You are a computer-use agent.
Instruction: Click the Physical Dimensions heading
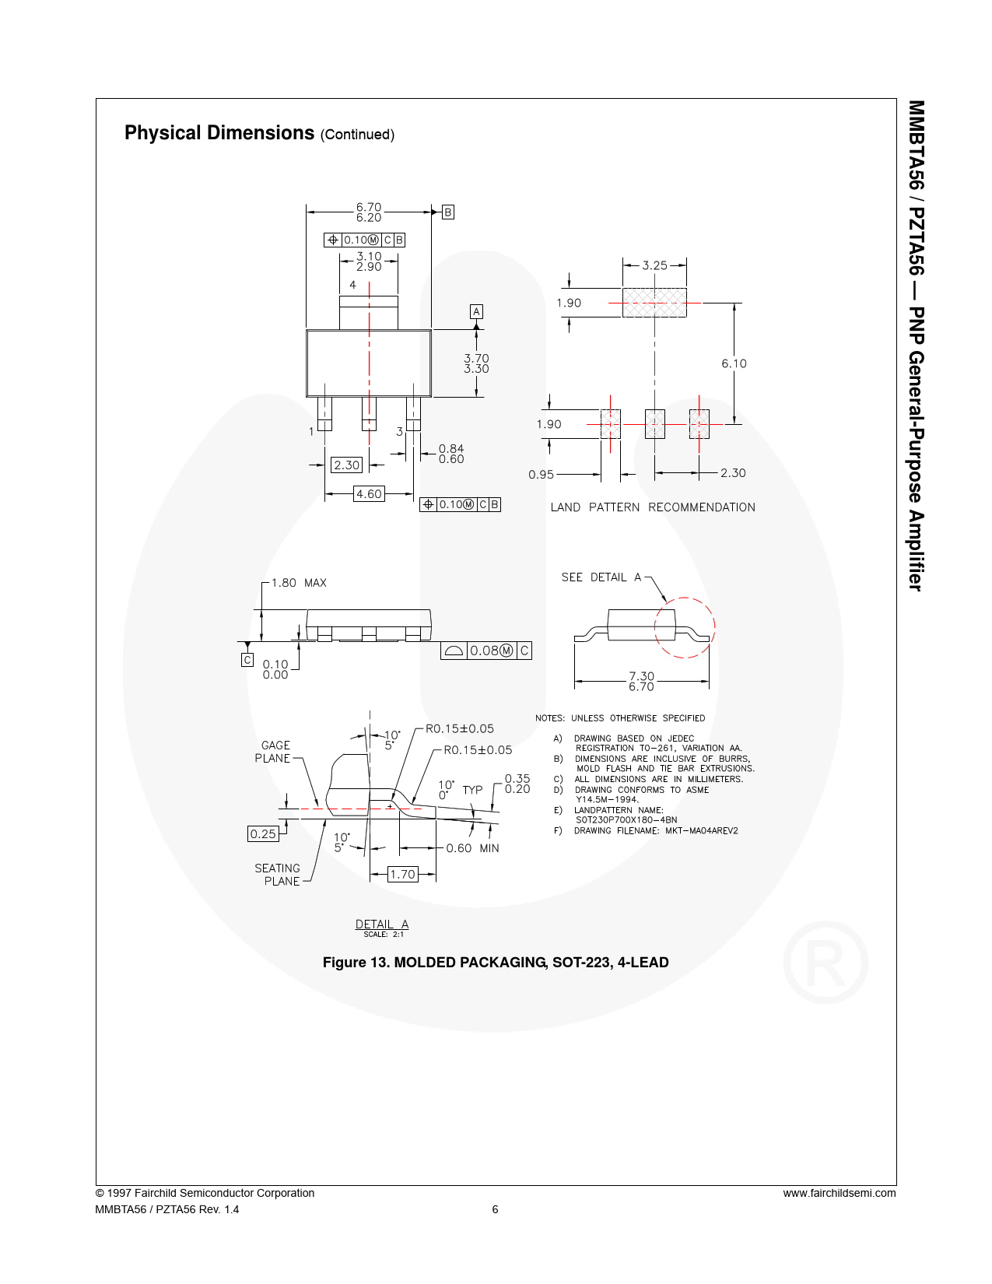(x=219, y=133)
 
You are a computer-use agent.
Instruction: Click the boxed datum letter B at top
(x=448, y=212)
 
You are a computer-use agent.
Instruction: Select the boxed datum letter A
(x=476, y=311)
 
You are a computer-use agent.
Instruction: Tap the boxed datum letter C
(x=247, y=659)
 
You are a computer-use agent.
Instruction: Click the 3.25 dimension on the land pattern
(x=654, y=266)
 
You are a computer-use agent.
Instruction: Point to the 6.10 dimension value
(x=734, y=364)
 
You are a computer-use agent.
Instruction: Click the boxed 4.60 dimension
(x=370, y=494)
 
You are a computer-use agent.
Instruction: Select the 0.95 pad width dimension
(x=542, y=475)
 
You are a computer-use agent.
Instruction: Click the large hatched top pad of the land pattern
(x=654, y=303)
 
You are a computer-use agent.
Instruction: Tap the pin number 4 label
(x=352, y=285)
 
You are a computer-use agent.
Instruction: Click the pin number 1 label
(x=311, y=432)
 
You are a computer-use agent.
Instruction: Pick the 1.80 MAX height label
(x=299, y=583)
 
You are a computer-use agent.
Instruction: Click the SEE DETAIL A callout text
(x=601, y=577)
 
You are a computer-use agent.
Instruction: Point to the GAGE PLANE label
(x=272, y=752)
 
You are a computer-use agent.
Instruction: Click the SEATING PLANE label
(x=277, y=875)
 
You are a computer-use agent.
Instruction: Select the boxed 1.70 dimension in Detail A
(x=403, y=875)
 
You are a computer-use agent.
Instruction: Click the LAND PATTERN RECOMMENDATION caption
(x=653, y=507)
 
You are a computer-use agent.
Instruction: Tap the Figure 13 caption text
(x=496, y=963)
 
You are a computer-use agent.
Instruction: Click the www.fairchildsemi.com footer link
(x=840, y=1193)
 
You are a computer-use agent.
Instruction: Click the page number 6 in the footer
(x=495, y=1209)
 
